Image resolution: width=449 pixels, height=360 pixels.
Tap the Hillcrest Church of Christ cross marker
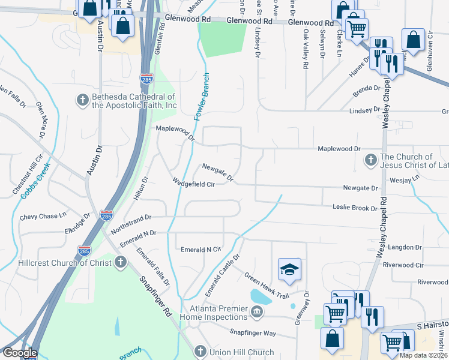121,262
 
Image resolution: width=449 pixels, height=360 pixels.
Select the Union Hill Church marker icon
200,352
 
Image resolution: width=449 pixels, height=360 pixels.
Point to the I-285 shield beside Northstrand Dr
106,215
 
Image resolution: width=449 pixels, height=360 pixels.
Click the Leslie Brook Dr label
355,208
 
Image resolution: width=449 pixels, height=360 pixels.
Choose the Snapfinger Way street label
253,332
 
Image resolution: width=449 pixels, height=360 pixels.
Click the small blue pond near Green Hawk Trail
259,296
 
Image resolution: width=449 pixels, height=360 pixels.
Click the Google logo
20,353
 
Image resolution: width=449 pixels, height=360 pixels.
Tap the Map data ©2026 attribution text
423,355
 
